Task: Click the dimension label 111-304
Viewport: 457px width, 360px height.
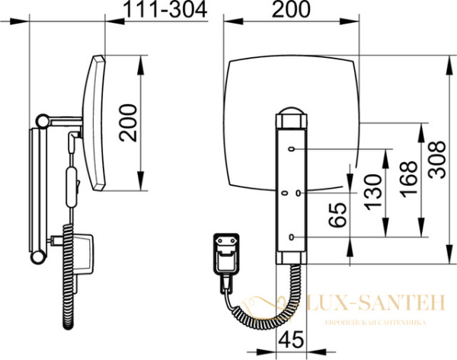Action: click(165, 9)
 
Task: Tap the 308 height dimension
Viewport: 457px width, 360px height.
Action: click(436, 159)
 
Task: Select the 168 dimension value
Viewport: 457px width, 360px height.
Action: click(408, 179)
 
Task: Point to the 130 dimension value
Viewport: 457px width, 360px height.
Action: click(372, 193)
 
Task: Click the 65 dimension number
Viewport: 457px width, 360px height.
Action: click(337, 215)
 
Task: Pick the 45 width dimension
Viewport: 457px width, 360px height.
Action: click(291, 339)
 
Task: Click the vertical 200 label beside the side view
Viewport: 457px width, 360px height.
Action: click(128, 123)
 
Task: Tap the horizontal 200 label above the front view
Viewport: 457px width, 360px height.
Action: click(291, 9)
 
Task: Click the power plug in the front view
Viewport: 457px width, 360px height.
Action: click(226, 254)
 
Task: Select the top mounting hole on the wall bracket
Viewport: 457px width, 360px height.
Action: click(291, 149)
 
